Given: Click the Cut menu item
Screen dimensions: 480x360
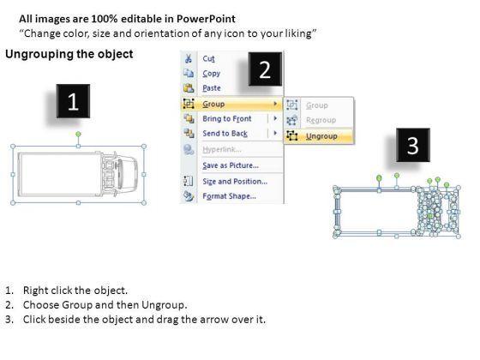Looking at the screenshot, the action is point(208,58).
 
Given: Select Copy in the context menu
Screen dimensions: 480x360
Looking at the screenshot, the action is point(211,74).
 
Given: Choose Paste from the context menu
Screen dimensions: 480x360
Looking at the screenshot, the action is point(212,88).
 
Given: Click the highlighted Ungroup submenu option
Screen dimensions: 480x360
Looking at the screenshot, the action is point(321,136).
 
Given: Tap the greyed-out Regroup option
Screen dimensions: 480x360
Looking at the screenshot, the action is point(321,120).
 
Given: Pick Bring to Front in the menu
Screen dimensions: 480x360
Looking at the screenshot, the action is point(227,118).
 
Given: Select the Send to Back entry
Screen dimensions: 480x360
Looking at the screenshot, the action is point(225,134).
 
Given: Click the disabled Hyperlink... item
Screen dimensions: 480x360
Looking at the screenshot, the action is point(222,149).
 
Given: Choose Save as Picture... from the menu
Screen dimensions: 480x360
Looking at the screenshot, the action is point(231,165).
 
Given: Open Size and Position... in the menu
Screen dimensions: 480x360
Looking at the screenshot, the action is point(235,181).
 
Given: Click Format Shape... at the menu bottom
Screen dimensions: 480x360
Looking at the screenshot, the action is point(229,196).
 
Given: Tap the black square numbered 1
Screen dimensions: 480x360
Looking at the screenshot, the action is point(73,101).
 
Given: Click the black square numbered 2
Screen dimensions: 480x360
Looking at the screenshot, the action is point(265,69).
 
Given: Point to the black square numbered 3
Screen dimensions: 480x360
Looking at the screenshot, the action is point(413,145).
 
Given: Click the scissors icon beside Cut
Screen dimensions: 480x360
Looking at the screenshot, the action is point(189,58).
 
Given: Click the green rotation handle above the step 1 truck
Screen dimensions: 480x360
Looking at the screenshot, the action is point(78,134).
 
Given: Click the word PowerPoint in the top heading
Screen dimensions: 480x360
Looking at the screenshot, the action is point(206,19).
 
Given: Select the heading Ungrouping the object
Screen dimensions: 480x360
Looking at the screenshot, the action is point(69,54).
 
